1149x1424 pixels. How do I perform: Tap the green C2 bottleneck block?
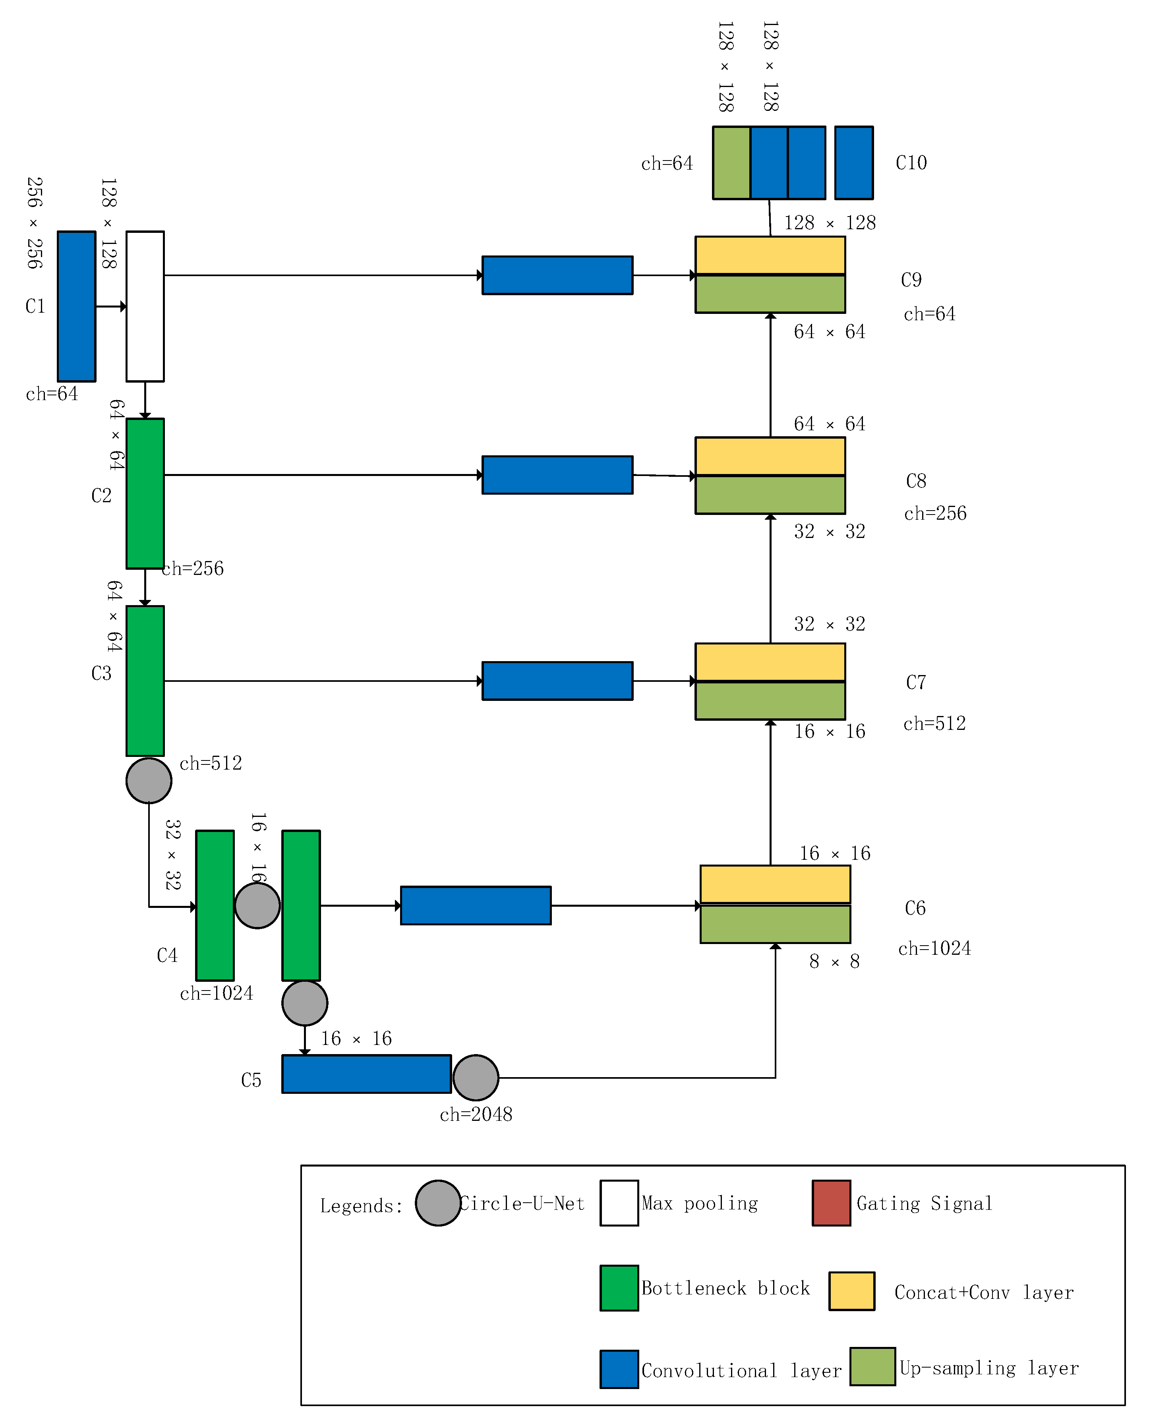(145, 493)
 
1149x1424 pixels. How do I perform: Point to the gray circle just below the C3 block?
(149, 780)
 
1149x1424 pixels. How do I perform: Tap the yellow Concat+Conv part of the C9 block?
(770, 255)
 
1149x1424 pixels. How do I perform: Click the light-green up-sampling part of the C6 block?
(775, 924)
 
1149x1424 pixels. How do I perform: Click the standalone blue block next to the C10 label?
(854, 163)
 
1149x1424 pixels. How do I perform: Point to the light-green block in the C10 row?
(731, 163)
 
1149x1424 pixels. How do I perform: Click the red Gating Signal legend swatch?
(831, 1203)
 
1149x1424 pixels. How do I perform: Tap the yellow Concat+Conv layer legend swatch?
(852, 1290)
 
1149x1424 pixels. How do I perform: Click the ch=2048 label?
(476, 1114)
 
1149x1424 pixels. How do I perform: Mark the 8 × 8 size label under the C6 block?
(834, 962)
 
